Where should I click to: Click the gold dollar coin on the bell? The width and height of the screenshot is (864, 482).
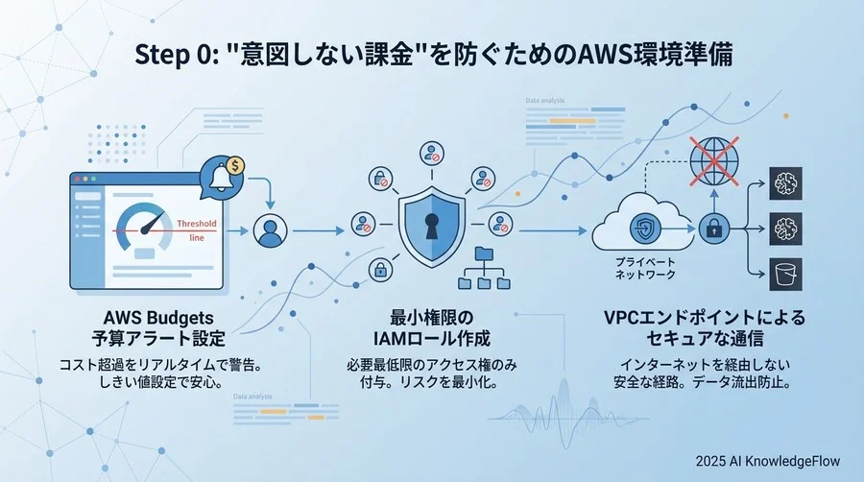(235, 164)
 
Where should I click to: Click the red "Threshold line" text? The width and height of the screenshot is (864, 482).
(196, 229)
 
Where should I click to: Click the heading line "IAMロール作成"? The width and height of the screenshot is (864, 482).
(430, 339)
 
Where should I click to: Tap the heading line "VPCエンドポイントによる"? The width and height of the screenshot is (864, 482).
(705, 319)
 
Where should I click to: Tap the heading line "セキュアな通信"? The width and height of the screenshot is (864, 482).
(705, 339)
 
